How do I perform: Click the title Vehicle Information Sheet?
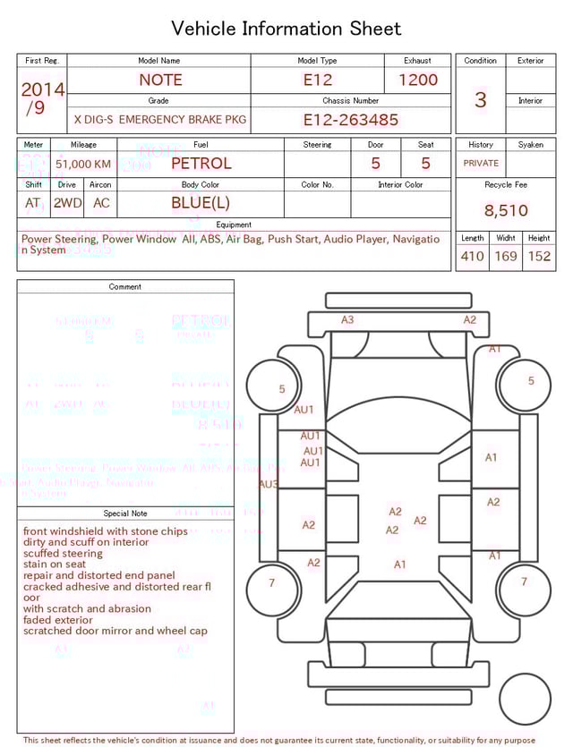(x=286, y=29)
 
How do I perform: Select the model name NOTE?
(x=160, y=80)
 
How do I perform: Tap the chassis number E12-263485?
(x=350, y=120)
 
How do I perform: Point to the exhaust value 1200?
(x=418, y=80)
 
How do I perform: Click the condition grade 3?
(x=481, y=99)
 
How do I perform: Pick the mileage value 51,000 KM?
(x=83, y=164)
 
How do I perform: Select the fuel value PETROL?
(x=201, y=164)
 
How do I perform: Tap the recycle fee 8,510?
(x=506, y=211)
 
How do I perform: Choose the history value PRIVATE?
(x=481, y=164)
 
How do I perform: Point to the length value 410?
(x=472, y=257)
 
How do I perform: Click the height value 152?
(x=539, y=257)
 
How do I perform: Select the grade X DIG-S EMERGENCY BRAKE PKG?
(x=160, y=120)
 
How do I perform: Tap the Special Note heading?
(x=125, y=514)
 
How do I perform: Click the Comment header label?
(x=125, y=287)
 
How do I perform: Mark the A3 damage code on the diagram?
(x=347, y=319)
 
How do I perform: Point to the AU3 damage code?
(x=268, y=484)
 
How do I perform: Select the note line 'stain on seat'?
(x=55, y=564)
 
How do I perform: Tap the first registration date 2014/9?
(x=42, y=98)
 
